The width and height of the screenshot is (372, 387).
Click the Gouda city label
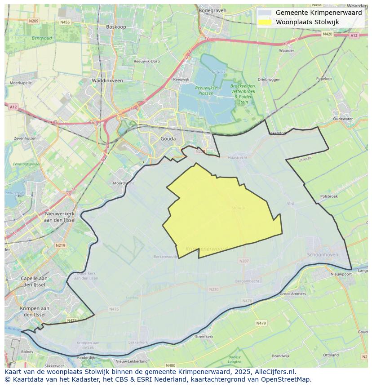click(168, 139)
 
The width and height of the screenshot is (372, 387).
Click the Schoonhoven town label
click(322, 254)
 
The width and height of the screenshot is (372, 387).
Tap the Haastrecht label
click(238, 158)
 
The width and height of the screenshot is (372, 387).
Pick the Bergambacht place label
click(248, 281)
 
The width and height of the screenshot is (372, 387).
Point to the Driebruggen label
click(269, 80)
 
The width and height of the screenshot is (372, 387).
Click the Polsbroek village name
click(329, 196)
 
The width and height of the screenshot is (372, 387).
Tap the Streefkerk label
click(204, 336)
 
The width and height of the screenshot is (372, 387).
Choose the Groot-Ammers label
click(293, 294)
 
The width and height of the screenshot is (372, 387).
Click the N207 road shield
click(244, 261)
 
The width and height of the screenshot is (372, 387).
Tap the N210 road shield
click(214, 289)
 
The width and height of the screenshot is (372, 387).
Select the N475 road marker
click(114, 309)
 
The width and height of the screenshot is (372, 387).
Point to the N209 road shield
click(33, 21)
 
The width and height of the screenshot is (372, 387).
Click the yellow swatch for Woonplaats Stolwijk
click(265, 22)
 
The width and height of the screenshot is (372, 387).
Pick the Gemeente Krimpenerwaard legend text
click(319, 13)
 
